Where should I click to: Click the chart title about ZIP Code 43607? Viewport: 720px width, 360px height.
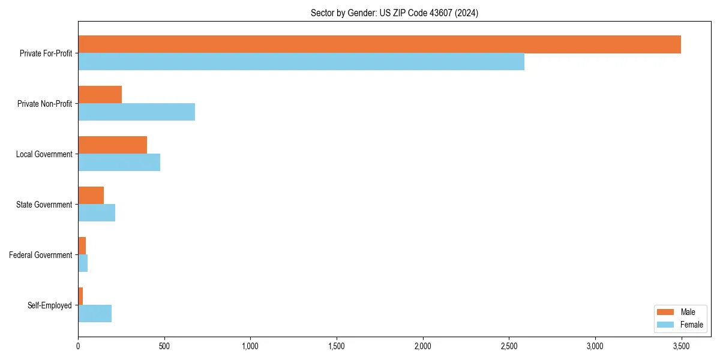tap(394, 13)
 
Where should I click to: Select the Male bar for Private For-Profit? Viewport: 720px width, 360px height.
tap(379, 44)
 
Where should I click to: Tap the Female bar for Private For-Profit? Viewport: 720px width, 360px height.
tap(301, 61)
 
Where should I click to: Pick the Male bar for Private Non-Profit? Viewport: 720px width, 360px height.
tap(100, 95)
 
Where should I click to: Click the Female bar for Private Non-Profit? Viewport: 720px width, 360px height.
tap(136, 112)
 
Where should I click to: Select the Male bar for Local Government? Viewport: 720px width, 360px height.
tap(112, 145)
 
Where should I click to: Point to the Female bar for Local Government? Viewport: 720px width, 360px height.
tap(119, 162)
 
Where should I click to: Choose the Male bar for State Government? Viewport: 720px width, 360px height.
tap(91, 196)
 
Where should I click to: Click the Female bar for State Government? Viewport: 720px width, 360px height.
tap(96, 212)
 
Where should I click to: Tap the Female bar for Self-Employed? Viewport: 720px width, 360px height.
tap(94, 313)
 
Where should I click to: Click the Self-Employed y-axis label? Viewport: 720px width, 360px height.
tap(50, 305)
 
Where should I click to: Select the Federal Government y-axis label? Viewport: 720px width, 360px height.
tap(41, 255)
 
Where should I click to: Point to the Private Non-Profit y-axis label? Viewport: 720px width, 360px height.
tap(44, 104)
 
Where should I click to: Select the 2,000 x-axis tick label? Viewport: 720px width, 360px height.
tap(422, 346)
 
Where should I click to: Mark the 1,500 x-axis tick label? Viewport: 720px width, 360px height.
tap(337, 346)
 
